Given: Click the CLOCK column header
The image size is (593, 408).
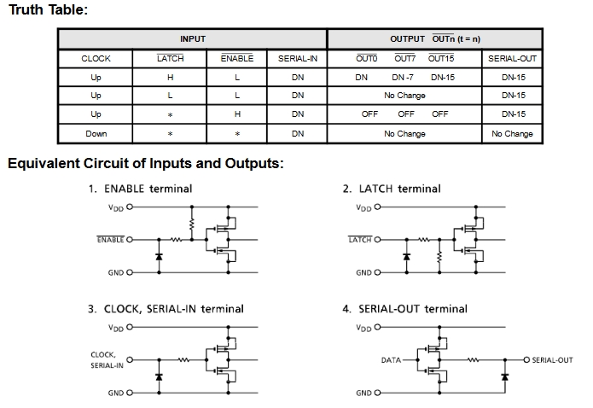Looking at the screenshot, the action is click(96, 59).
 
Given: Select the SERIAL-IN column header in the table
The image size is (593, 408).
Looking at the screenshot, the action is click(298, 59).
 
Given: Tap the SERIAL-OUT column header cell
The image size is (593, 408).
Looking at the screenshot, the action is click(512, 59).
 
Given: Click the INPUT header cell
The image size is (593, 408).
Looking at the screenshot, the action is click(193, 39).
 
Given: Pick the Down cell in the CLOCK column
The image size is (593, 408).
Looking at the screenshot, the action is click(96, 134).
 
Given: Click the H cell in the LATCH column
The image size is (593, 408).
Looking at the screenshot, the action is click(170, 77).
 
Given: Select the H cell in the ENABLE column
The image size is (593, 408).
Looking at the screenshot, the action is click(237, 114).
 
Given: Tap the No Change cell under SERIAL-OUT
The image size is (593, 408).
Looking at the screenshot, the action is click(512, 134).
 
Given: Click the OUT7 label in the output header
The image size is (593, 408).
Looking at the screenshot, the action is click(404, 58).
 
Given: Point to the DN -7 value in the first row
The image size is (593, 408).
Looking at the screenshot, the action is click(403, 77).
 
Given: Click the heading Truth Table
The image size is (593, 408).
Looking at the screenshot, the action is click(48, 9).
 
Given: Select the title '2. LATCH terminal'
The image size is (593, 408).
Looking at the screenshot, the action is click(392, 189).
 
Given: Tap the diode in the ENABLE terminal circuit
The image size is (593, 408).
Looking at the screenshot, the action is click(159, 257).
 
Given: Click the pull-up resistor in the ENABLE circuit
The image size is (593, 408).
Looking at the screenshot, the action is click(192, 224).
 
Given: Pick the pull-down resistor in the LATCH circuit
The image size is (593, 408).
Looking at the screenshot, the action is click(439, 256).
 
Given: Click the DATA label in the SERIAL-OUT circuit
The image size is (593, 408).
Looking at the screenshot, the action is click(391, 360).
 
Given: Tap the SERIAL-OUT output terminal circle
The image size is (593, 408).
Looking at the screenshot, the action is click(526, 359).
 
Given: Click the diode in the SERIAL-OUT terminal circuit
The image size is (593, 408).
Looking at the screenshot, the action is click(505, 376).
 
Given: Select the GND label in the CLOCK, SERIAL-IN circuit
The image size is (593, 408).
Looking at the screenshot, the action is click(116, 393).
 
